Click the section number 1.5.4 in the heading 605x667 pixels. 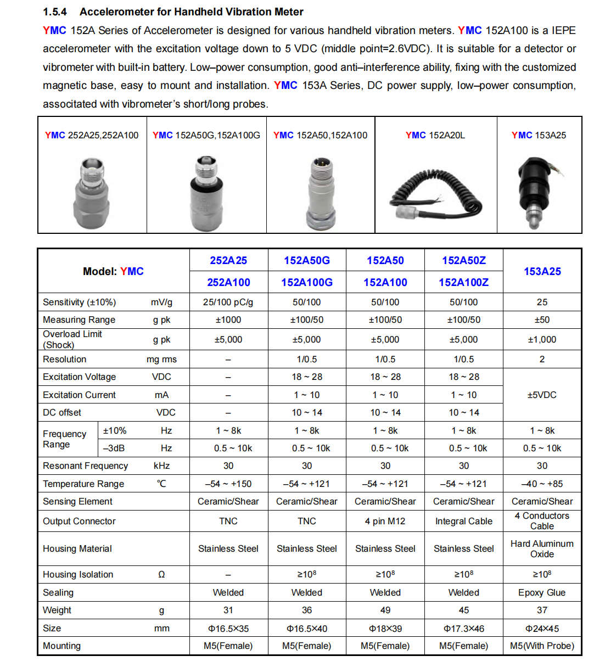[x=55, y=12]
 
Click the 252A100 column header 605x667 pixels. [x=228, y=282]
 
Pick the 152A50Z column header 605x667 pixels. [x=464, y=260]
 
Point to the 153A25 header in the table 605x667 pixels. [x=542, y=271]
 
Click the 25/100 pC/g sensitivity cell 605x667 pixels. [x=228, y=302]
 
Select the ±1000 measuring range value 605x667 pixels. [x=228, y=320]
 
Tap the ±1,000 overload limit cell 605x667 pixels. [x=542, y=339]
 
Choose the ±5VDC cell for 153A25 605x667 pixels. [x=542, y=395]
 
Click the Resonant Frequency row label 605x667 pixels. [x=85, y=466]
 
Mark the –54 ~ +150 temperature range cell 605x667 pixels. [x=228, y=484]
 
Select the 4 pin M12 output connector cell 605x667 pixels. [x=385, y=521]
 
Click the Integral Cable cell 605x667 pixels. [x=464, y=521]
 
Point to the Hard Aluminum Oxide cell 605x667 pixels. [x=542, y=548]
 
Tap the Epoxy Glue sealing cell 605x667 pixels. [x=542, y=592]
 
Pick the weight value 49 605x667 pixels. [x=385, y=610]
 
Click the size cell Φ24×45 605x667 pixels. [x=542, y=629]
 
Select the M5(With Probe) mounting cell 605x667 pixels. [x=542, y=646]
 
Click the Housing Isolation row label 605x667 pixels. [x=78, y=574]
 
